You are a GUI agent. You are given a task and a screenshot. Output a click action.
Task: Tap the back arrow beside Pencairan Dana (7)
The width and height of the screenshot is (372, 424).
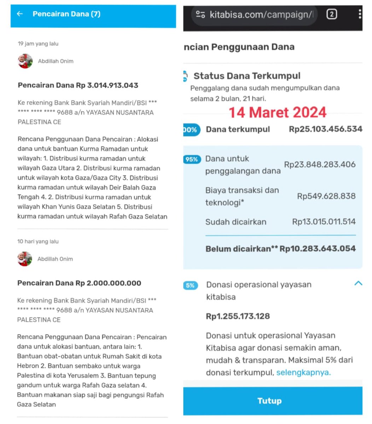(20, 14)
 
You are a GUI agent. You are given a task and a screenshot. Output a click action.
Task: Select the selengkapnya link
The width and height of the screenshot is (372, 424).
(303, 372)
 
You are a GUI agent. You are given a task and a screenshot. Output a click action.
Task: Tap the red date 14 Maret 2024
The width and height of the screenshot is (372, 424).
(278, 112)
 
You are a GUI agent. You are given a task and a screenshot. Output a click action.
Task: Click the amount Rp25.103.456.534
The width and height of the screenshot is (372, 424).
(325, 129)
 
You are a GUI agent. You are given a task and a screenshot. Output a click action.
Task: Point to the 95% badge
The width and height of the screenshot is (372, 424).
(191, 159)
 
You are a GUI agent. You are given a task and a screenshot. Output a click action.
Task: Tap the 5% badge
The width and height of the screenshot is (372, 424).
(190, 285)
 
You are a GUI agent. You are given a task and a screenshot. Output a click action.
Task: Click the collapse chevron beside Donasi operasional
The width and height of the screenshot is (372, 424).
(358, 283)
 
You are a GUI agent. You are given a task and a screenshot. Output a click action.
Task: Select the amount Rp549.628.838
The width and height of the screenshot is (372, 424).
(326, 196)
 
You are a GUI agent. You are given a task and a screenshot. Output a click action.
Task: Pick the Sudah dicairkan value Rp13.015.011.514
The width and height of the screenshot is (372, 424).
(324, 222)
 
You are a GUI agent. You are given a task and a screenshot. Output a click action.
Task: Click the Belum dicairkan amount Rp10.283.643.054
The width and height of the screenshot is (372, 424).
(318, 248)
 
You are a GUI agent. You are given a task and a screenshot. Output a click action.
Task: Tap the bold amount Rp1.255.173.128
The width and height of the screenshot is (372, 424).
(238, 316)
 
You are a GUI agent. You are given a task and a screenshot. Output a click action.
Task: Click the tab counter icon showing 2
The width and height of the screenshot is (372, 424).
(331, 14)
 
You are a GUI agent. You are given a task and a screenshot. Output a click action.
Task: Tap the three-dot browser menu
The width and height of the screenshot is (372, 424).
(360, 14)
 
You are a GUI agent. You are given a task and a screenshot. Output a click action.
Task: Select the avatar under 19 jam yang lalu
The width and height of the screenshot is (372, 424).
(25, 61)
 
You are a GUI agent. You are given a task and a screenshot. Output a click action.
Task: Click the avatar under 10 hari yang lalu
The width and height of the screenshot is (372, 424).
(25, 259)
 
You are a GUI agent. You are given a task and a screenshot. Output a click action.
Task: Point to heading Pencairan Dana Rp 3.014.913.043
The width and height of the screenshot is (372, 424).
(78, 85)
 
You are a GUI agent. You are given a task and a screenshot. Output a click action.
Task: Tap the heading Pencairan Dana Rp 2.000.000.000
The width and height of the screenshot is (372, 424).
(79, 283)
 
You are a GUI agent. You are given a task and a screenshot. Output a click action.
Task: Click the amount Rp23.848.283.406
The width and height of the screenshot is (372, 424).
(320, 164)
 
